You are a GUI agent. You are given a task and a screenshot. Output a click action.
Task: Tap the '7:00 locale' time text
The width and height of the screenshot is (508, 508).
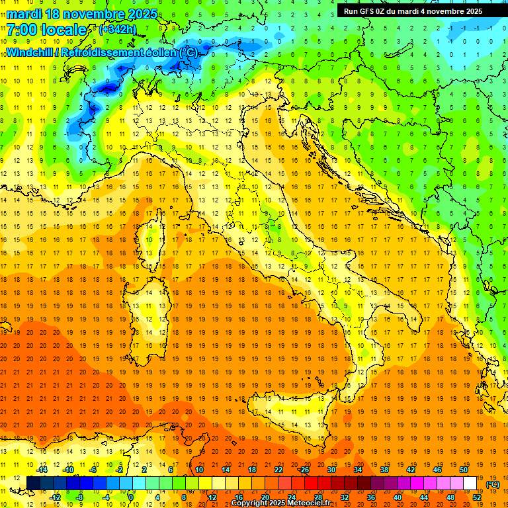pos(47,30)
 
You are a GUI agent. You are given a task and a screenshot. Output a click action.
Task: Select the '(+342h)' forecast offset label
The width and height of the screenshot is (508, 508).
pos(118,30)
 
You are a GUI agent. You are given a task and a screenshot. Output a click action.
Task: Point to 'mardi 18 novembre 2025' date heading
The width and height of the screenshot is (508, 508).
pos(82,14)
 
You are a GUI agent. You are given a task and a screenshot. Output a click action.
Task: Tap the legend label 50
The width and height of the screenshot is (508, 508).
pos(464,470)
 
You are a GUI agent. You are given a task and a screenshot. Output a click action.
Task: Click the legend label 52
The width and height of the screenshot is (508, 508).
pos(477,497)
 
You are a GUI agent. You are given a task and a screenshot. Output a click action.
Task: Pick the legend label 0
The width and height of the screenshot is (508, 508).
pos(132,497)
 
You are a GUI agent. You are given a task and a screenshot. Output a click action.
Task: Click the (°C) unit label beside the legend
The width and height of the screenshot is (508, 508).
pos(492,484)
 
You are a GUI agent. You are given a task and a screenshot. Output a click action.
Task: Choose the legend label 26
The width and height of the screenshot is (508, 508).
pos(304,470)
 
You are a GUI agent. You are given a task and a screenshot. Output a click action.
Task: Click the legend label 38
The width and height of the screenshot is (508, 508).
pos(384,470)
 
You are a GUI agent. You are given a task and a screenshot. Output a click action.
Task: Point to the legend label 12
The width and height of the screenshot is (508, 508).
pos(212,497)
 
